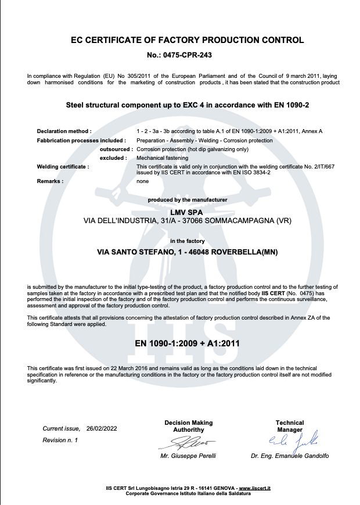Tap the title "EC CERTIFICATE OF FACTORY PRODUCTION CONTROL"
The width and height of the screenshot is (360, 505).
click(x=187, y=41)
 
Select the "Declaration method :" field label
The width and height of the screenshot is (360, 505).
click(x=64, y=131)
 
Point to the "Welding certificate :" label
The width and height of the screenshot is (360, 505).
click(x=63, y=167)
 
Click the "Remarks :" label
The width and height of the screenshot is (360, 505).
click(x=50, y=181)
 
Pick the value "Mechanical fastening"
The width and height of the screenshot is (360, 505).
click(x=162, y=158)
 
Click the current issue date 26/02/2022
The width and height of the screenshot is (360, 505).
click(x=102, y=428)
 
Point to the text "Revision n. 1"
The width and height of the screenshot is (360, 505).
click(x=60, y=440)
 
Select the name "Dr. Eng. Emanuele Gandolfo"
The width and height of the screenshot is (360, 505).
click(x=290, y=456)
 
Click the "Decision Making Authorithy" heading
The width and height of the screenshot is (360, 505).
click(x=189, y=426)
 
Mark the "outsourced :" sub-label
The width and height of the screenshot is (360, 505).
click(x=113, y=149)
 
